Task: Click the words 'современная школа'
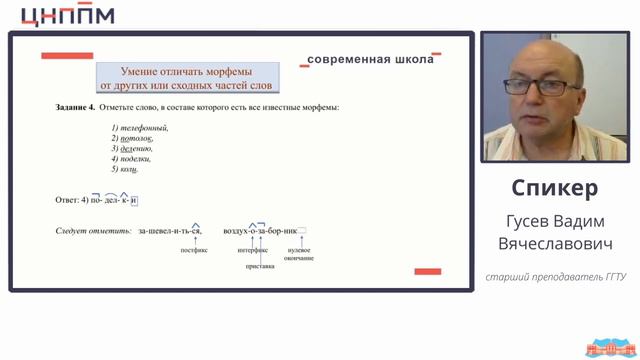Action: [371, 59]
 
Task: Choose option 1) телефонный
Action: [140, 127]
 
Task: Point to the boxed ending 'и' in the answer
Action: [134, 200]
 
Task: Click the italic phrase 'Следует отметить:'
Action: [93, 231]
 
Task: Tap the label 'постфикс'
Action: [194, 251]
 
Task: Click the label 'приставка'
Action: [260, 267]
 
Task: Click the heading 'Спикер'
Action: [554, 188]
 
